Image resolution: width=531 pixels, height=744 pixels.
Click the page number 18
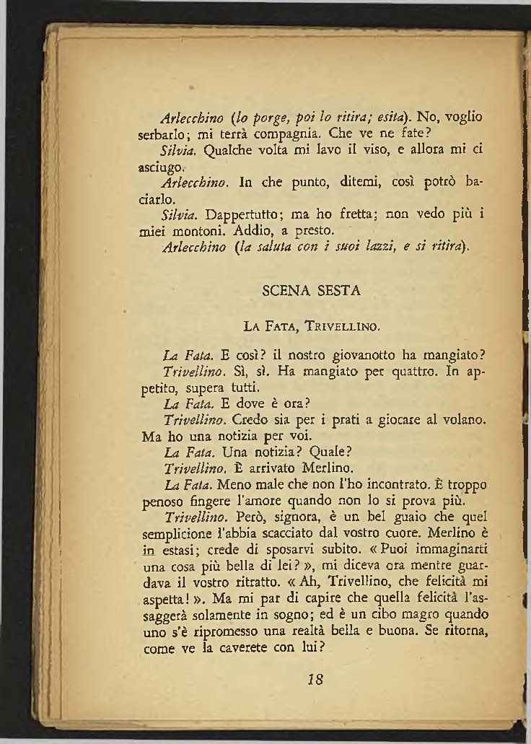313,680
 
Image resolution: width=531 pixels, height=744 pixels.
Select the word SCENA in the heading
284,291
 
